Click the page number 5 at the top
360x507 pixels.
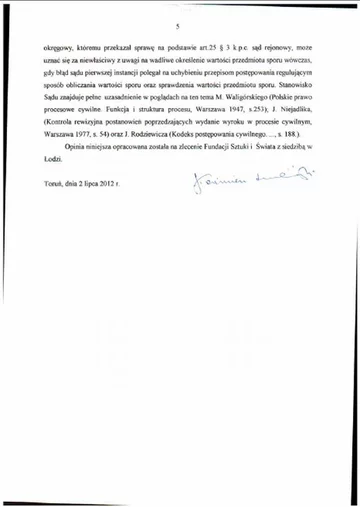[177, 27]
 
